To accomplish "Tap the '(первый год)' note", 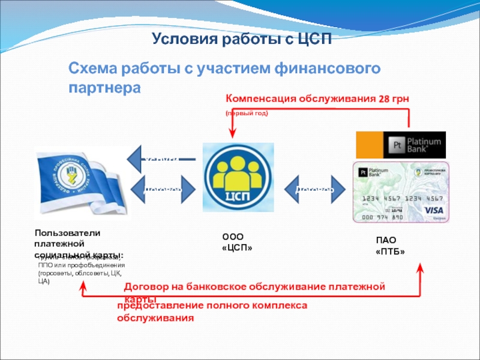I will click(247, 113).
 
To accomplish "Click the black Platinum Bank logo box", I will click(419, 145).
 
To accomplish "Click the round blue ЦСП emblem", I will click(238, 178).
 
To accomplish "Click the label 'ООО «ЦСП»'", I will click(237, 242).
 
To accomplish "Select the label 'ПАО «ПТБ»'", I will click(390, 246).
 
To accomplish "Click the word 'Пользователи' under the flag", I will click(67, 233).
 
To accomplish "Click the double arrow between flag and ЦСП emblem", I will click(162, 190).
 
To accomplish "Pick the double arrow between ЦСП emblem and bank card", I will click(314, 190).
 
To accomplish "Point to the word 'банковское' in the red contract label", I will click(223, 287).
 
